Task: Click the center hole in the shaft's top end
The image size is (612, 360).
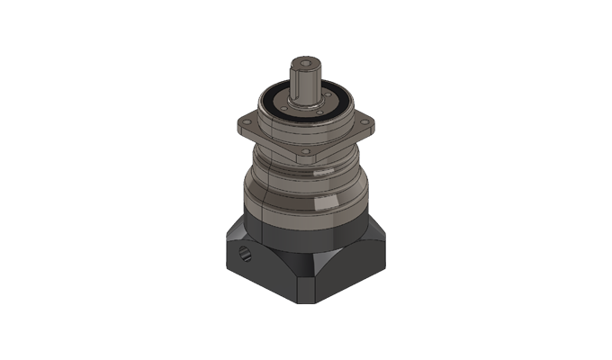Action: [305, 63]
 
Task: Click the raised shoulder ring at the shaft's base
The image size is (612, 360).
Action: [305, 104]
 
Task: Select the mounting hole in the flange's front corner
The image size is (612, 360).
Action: [305, 150]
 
